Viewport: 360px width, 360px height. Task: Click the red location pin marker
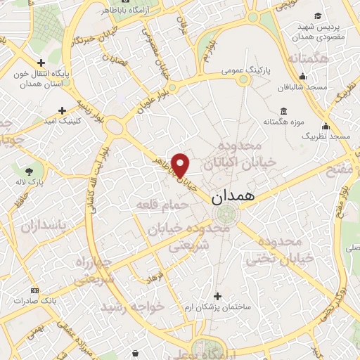181,165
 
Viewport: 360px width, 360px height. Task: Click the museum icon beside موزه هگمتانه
283,111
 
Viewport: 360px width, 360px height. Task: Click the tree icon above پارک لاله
30,171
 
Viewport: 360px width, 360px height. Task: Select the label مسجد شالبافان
302,87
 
